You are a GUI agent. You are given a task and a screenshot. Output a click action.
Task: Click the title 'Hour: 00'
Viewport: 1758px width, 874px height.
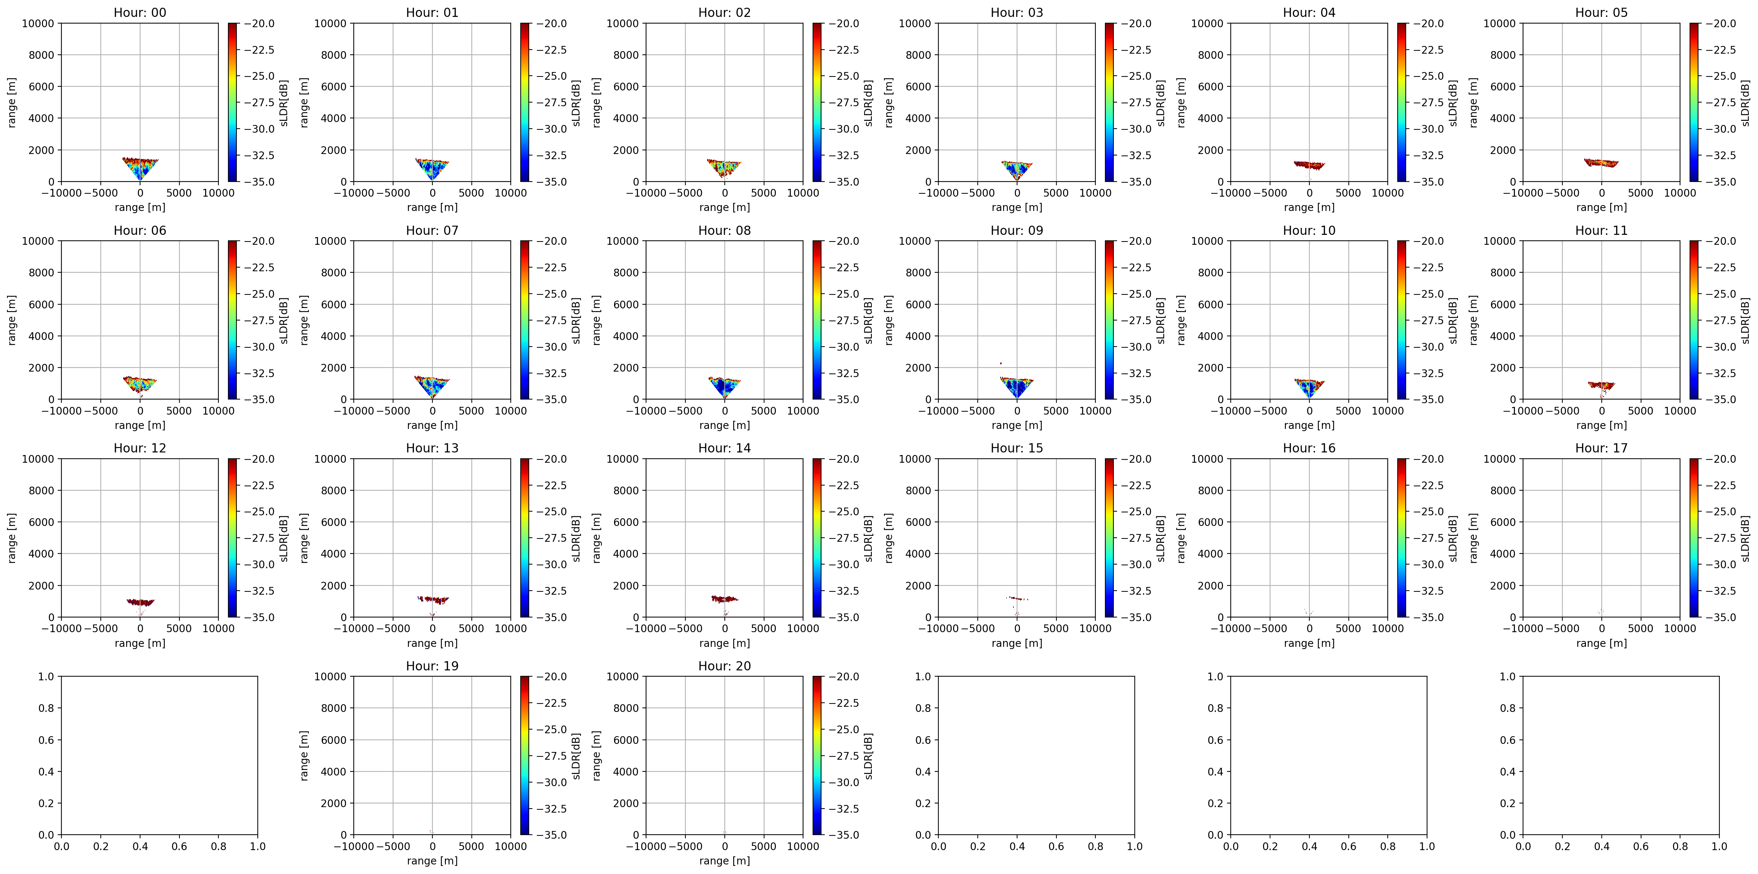[140, 12]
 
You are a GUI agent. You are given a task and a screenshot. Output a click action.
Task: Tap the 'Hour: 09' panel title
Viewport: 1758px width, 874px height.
[1016, 230]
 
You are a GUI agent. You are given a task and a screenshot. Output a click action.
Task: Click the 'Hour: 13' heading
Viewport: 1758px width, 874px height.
[432, 448]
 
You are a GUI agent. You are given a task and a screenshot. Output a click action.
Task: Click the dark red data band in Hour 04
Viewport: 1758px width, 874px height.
[1309, 164]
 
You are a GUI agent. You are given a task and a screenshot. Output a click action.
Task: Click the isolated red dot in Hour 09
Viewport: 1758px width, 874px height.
[1001, 363]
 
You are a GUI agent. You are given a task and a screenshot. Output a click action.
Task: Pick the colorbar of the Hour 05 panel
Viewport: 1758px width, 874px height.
[1694, 102]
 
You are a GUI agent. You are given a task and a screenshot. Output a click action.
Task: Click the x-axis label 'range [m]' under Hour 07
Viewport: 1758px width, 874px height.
[432, 425]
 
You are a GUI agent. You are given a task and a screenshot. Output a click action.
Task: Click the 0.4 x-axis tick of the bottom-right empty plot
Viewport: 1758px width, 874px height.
[1602, 846]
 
